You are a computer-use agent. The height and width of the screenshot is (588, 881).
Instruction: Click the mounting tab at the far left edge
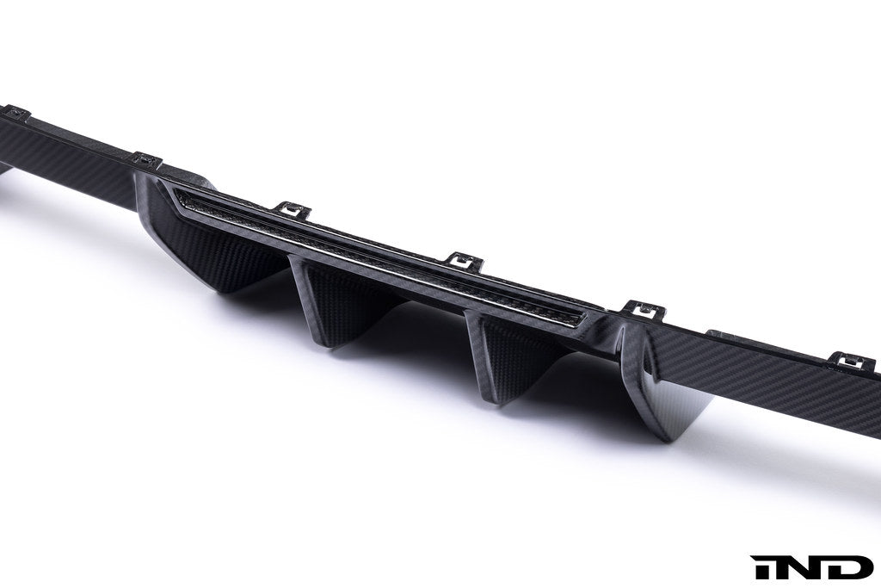(15, 112)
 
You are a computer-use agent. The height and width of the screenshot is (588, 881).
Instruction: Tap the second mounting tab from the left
(146, 158)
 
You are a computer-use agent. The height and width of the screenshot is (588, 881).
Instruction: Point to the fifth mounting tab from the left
(641, 306)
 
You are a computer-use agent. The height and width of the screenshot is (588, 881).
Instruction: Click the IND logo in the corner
(811, 566)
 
